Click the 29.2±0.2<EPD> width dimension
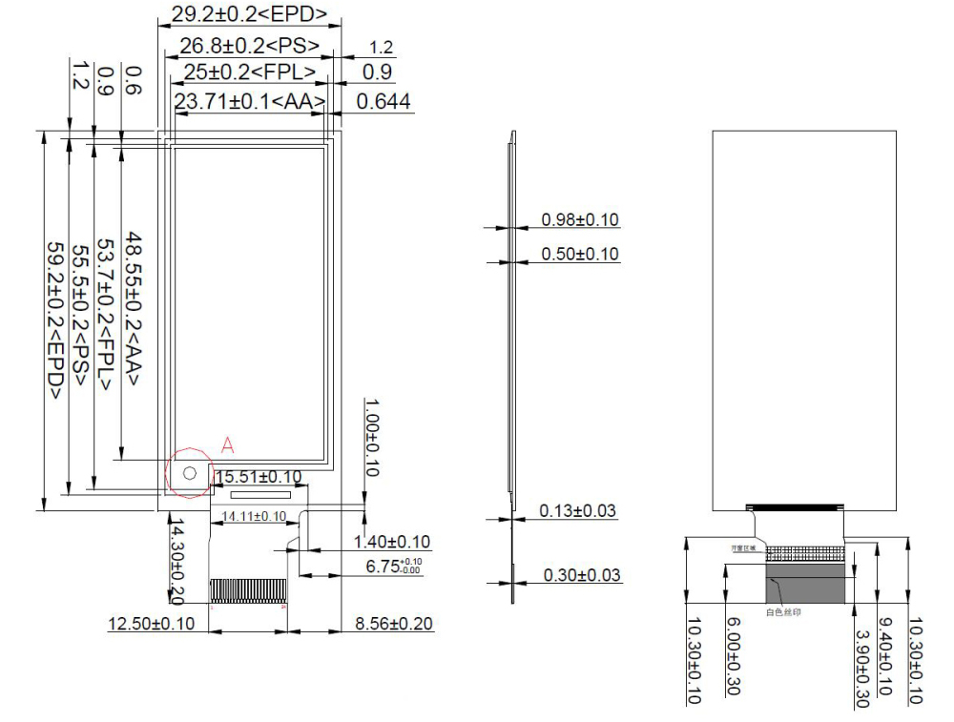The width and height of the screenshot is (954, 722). (249, 14)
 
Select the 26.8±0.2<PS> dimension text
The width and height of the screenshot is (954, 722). (249, 44)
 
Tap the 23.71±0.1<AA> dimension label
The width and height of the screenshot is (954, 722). (250, 101)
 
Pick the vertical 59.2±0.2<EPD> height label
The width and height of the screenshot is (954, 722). (56, 319)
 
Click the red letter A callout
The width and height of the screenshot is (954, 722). (227, 444)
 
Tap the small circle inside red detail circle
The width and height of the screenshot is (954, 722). (189, 473)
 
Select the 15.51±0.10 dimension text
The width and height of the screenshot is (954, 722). (257, 476)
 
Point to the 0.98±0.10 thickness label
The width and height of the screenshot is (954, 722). (579, 220)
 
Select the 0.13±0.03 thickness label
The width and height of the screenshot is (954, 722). (577, 511)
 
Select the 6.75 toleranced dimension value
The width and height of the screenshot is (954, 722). (392, 566)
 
